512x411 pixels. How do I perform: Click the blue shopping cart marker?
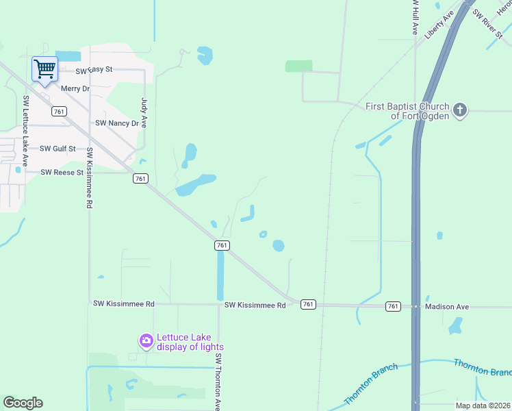[44, 68]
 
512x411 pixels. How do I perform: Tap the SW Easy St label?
[94, 70]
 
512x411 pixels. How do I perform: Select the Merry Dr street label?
[75, 88]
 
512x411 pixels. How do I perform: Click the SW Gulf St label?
[57, 148]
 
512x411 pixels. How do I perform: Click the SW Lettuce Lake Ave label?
[25, 130]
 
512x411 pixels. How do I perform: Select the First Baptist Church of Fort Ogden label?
[407, 111]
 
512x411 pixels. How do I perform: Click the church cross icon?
[460, 110]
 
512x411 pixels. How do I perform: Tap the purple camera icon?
[146, 340]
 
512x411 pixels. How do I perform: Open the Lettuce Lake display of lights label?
[190, 341]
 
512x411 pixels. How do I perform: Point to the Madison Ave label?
[446, 307]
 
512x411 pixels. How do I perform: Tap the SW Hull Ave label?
[415, 17]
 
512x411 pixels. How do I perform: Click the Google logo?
[23, 403]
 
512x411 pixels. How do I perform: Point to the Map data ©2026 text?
[483, 406]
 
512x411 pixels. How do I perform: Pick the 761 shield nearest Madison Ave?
[393, 306]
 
